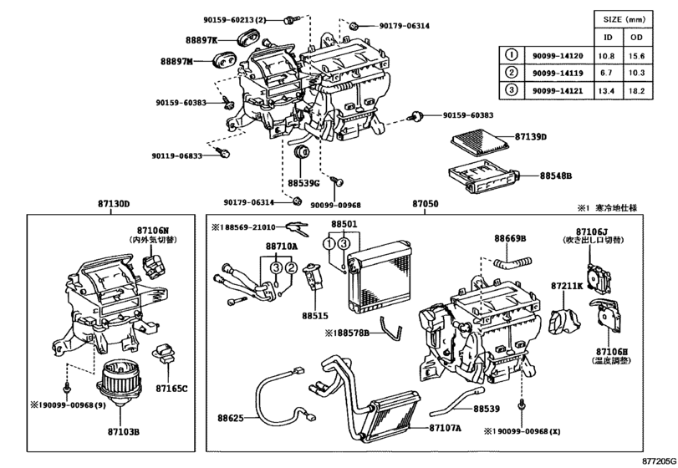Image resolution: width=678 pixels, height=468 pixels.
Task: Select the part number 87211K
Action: tap(566, 286)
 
